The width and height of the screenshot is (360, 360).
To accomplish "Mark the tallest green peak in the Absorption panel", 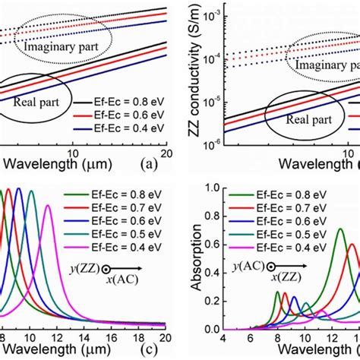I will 339,228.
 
